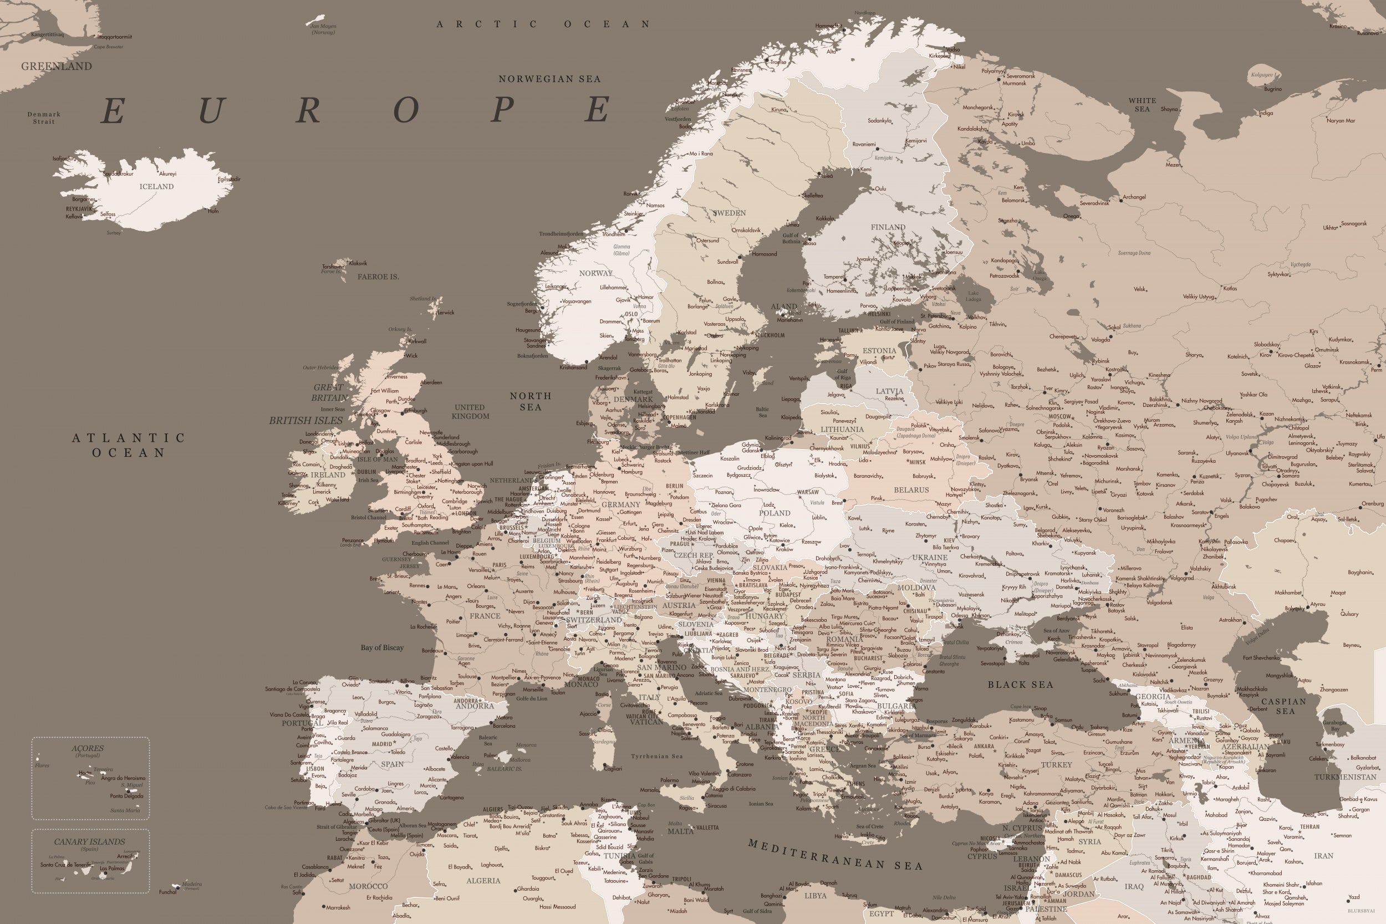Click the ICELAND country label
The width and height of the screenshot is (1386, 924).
click(x=156, y=187)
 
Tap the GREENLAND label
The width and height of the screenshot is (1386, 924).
click(x=57, y=67)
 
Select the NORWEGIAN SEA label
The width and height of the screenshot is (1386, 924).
click(x=549, y=79)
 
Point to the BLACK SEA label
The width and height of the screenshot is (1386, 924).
click(x=1020, y=685)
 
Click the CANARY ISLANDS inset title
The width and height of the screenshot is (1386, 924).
click(x=90, y=842)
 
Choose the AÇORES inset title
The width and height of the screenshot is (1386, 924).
click(x=88, y=748)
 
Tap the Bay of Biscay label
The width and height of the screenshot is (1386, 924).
click(x=382, y=647)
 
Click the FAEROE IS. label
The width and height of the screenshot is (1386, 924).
click(x=378, y=277)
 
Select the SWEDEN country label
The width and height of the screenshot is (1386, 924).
click(x=729, y=213)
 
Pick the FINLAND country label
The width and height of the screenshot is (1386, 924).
click(x=888, y=227)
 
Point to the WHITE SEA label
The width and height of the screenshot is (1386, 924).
click(x=1142, y=105)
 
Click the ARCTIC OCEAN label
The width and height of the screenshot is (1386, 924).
click(x=543, y=24)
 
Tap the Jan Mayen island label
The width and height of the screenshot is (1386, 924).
click(x=323, y=26)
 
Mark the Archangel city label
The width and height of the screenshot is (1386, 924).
click(x=1134, y=197)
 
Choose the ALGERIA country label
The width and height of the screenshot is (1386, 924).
click(x=483, y=881)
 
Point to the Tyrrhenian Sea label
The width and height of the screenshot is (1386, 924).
click(x=656, y=757)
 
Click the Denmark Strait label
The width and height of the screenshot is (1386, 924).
click(x=44, y=118)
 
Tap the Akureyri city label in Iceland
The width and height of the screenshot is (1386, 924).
click(x=167, y=175)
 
